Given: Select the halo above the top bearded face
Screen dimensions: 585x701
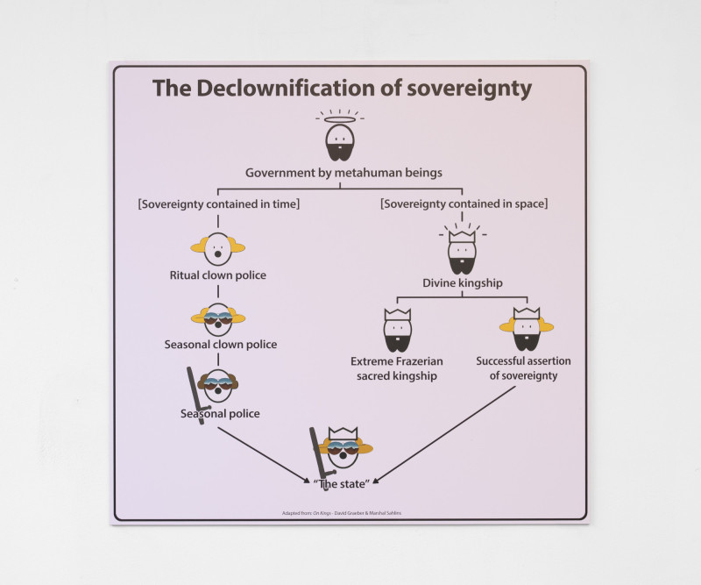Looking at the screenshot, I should [x=340, y=119].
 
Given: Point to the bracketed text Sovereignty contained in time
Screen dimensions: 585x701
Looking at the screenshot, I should [x=218, y=204].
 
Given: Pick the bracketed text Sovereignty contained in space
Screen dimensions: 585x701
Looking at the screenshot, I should [x=464, y=204].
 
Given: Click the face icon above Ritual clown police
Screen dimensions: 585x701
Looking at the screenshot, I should [x=217, y=248].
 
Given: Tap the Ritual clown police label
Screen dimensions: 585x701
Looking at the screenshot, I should [x=217, y=275].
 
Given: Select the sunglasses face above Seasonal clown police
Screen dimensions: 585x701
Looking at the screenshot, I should [x=217, y=318].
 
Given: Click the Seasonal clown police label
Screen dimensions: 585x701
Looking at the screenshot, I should [x=221, y=345].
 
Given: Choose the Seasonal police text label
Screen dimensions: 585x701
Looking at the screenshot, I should [x=220, y=413].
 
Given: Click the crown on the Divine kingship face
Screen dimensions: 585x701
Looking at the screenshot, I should [x=461, y=235].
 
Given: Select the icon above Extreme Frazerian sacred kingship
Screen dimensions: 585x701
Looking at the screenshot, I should [x=397, y=329].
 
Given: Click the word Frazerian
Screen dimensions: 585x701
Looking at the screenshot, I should [x=416, y=360].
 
